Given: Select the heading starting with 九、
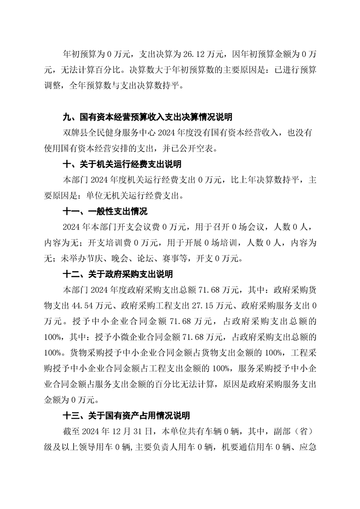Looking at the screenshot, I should [148, 117].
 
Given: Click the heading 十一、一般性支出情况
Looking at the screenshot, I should [105, 211].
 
